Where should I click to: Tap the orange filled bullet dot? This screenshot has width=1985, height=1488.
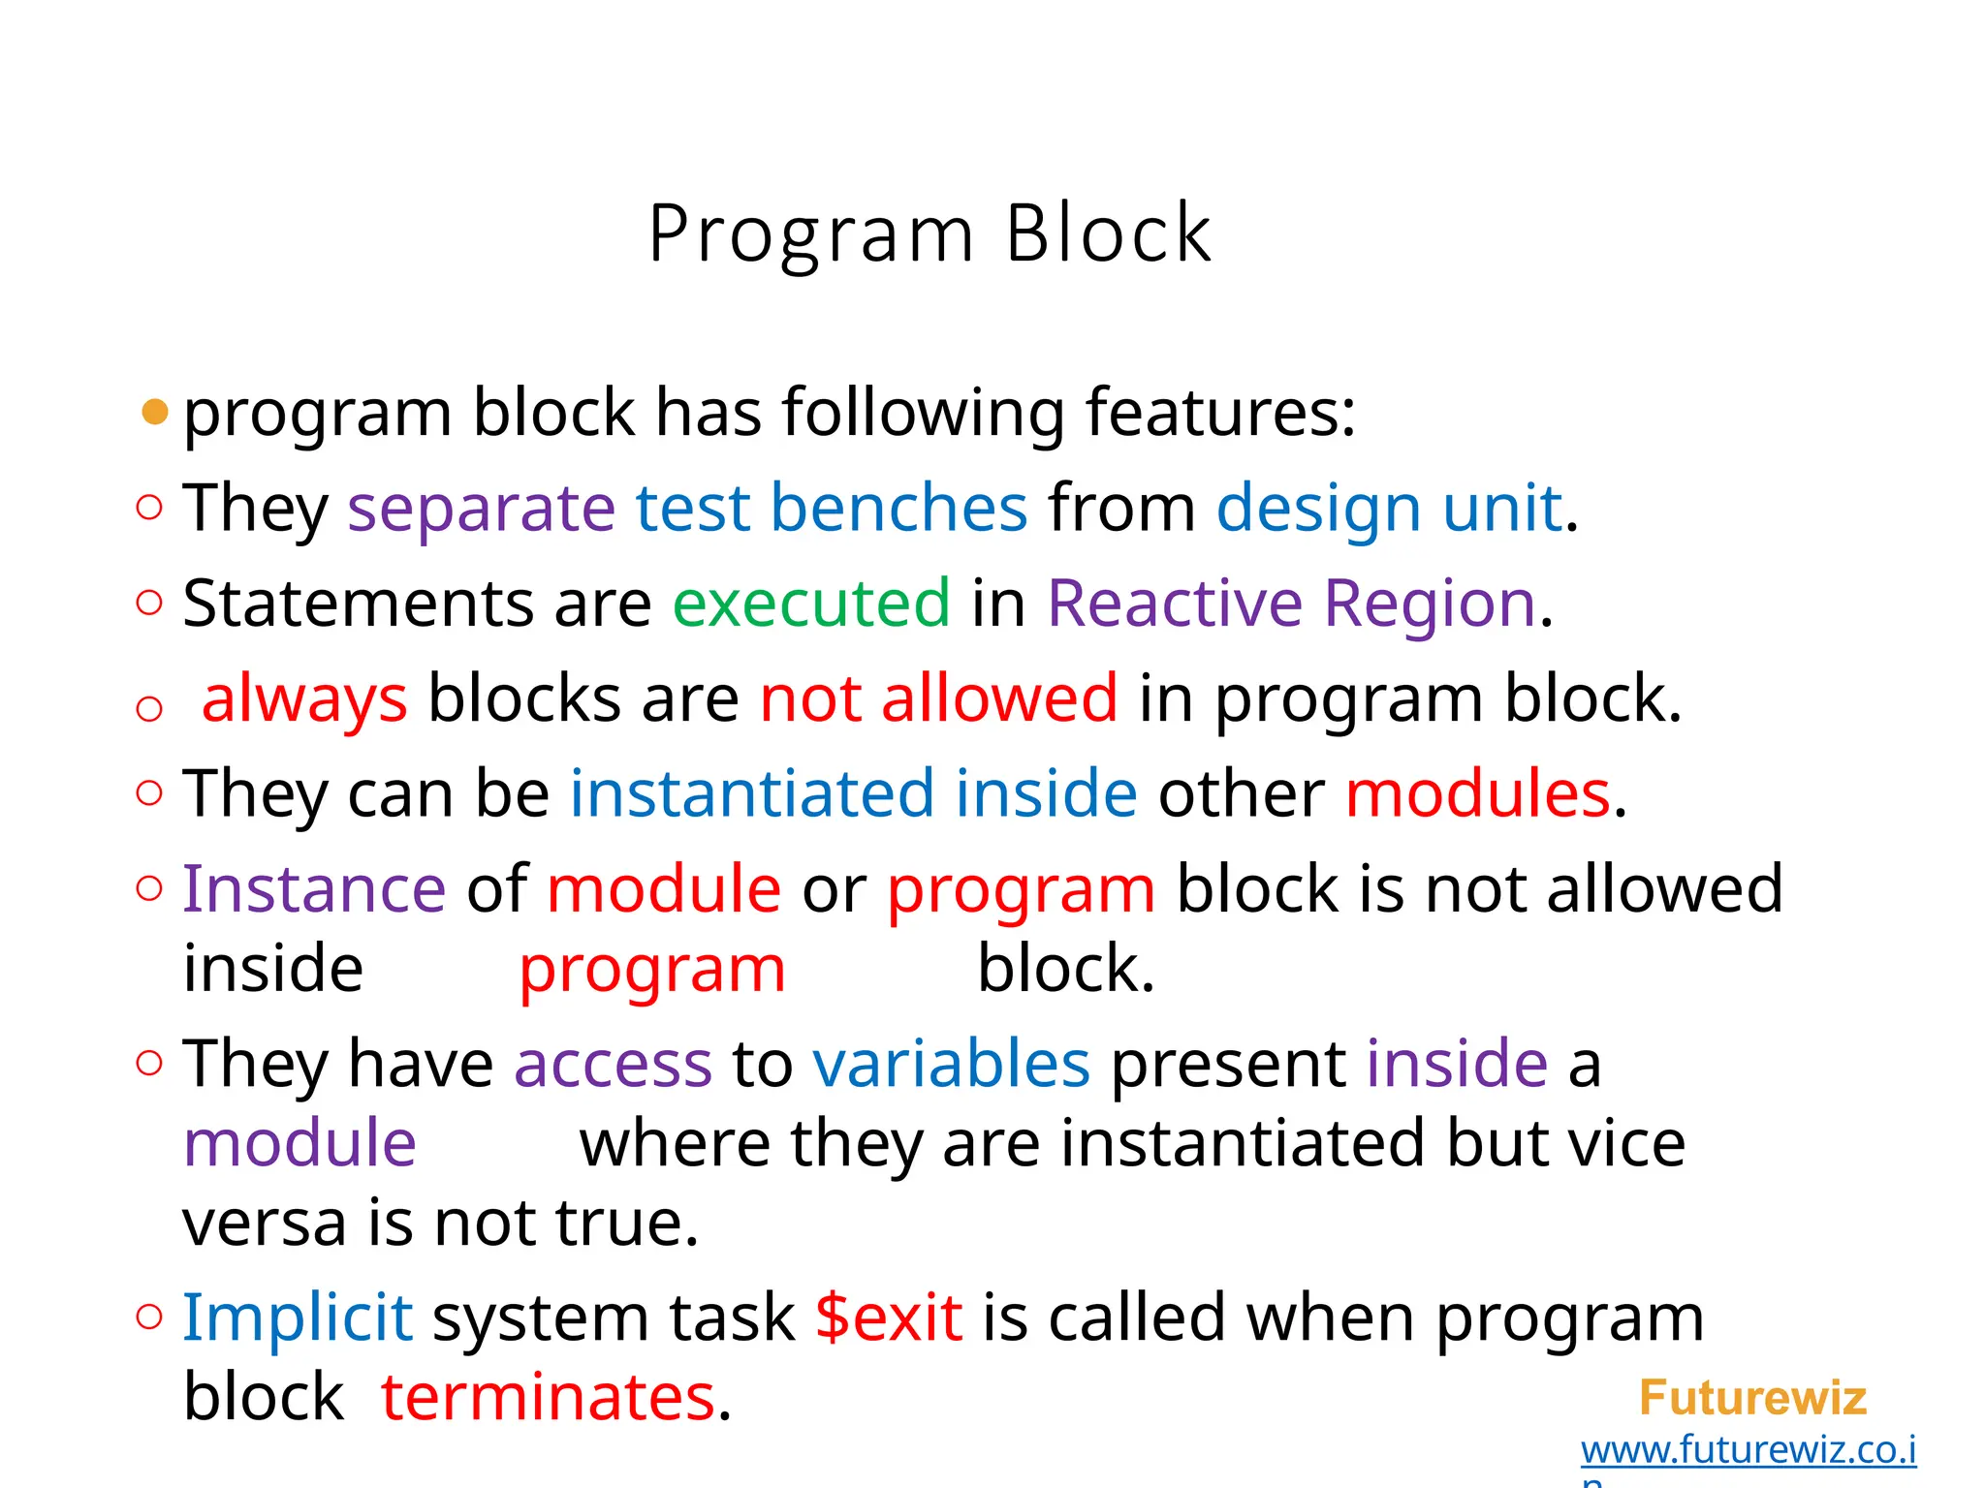coord(155,413)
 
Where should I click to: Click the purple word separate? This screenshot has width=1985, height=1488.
coord(481,508)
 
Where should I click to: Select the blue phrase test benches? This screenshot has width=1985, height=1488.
coord(831,508)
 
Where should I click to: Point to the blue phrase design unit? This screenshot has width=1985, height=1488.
coord(1388,508)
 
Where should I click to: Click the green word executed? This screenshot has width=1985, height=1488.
coord(810,603)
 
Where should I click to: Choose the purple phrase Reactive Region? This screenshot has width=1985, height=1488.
coord(1291,603)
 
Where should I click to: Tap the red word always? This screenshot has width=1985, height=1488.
coord(304,698)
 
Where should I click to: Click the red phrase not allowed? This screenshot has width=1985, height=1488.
coord(938,698)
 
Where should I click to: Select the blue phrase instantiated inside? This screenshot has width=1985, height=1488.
coord(853,793)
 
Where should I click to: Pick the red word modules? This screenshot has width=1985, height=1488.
coord(1477,793)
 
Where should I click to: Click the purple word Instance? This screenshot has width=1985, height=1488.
coord(314,888)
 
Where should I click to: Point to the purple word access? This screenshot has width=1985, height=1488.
coord(613,1064)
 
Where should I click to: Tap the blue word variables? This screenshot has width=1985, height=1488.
coord(951,1064)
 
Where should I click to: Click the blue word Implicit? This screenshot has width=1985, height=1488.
coord(298,1317)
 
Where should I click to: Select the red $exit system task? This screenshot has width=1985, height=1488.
coord(889,1317)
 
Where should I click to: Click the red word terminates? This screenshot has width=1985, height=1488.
coord(548,1397)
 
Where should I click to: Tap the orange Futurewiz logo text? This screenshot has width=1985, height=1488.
coord(1752,1398)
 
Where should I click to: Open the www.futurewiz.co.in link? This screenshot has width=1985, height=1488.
coord(1748,1450)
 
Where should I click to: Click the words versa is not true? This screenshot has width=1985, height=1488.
coord(440,1223)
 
